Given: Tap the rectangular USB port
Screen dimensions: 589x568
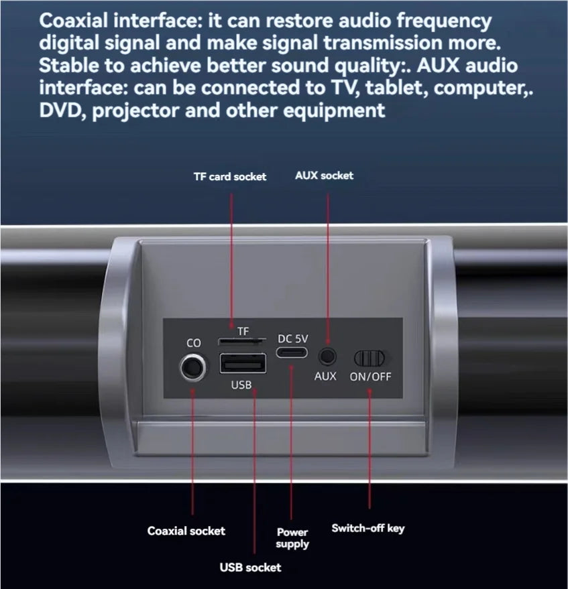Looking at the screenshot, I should coord(242,363).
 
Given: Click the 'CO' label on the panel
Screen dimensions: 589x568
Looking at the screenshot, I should coord(194,343).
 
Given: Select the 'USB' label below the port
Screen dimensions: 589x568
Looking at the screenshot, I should coord(241,385).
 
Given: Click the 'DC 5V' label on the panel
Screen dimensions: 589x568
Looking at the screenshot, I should coord(292,338).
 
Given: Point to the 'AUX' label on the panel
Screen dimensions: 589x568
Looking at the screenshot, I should coord(325,376).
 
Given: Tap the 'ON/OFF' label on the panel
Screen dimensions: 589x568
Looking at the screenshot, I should coord(370,376).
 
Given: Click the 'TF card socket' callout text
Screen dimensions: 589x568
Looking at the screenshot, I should coord(230,177).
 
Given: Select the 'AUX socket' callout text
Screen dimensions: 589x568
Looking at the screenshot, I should coord(324,176).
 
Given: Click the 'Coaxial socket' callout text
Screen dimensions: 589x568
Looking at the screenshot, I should coord(186,531).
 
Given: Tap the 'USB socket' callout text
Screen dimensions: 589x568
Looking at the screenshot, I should coord(251,568).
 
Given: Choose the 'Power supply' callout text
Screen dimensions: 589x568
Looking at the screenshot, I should coord(292,538).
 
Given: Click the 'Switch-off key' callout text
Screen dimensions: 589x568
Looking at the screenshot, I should coord(368,529).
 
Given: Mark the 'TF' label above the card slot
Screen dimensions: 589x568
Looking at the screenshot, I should coord(243,331).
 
